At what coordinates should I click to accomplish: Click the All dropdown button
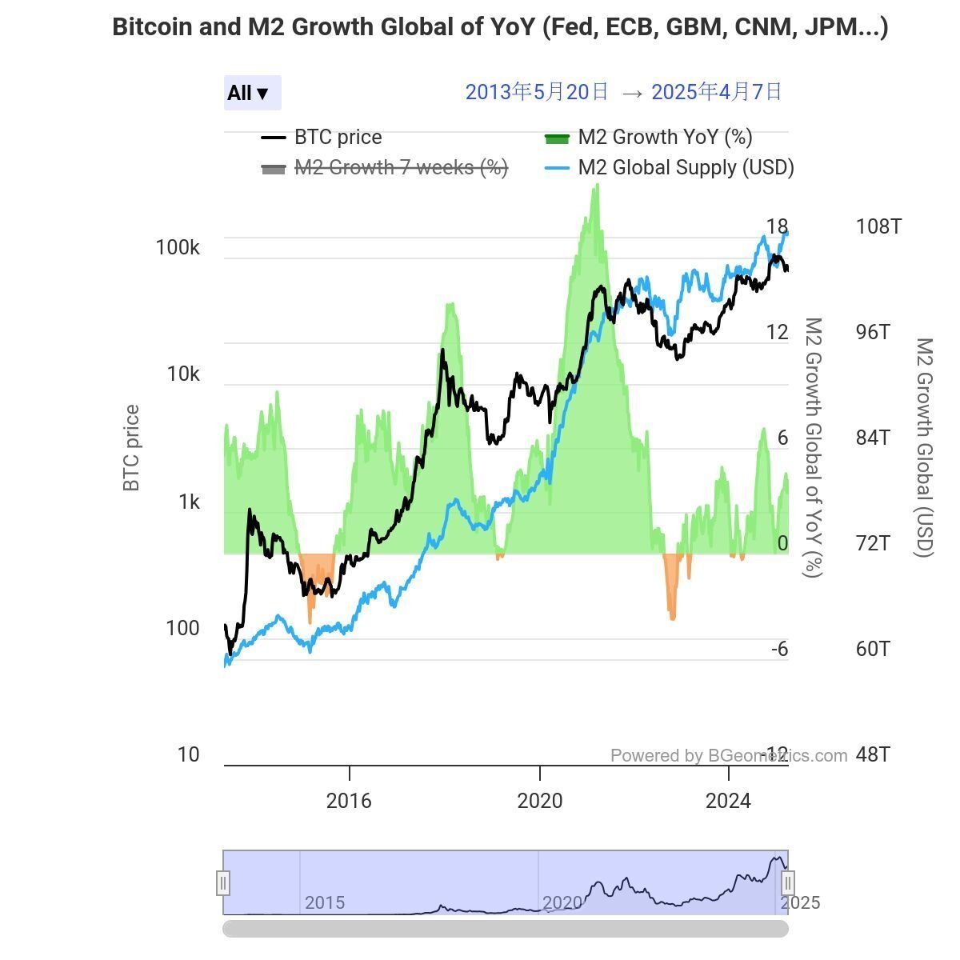click(252, 93)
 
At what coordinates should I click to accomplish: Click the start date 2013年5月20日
click(537, 92)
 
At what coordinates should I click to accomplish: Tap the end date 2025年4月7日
click(717, 92)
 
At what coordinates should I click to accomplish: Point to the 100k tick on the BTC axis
click(178, 248)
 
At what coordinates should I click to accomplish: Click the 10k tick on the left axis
click(183, 374)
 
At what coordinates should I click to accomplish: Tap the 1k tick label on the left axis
click(189, 502)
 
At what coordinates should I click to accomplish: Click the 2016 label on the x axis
click(349, 801)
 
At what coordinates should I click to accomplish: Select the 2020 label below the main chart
click(540, 801)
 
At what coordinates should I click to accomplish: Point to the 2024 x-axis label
click(728, 801)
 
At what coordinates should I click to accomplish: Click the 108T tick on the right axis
click(878, 226)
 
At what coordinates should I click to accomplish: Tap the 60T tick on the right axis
click(873, 649)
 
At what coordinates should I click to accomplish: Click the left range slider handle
click(223, 883)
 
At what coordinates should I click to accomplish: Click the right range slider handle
click(788, 883)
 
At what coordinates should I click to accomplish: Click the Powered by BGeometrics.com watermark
click(728, 756)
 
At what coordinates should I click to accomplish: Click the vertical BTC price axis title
click(131, 448)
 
